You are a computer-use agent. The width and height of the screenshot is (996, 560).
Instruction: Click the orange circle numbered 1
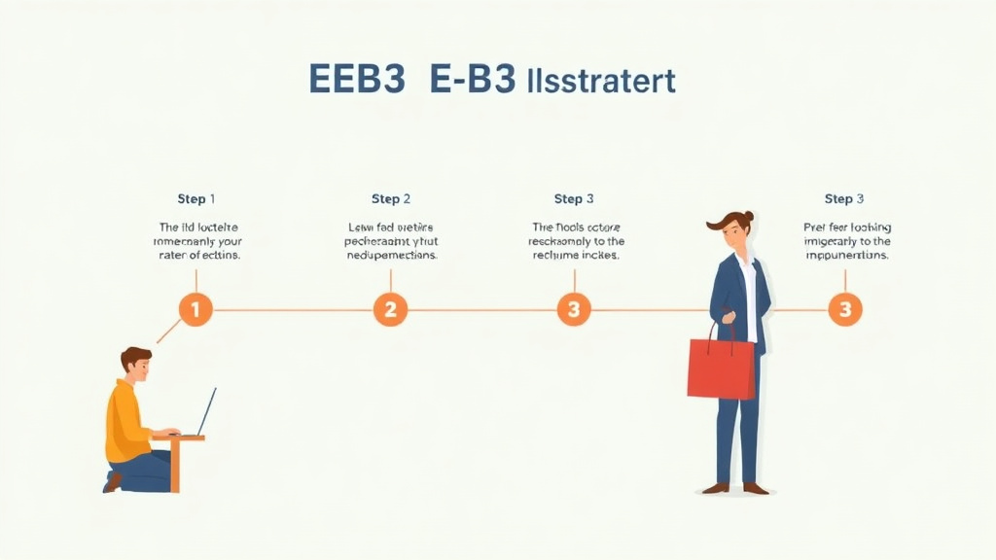[196, 310]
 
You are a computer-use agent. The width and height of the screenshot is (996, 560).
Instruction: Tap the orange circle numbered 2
[390, 310]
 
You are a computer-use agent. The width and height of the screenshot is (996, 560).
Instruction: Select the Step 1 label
[196, 199]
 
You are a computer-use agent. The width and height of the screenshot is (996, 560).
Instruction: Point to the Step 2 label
[391, 199]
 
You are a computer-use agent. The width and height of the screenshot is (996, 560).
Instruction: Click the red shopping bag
[721, 368]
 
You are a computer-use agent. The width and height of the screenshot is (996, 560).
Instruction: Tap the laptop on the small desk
[204, 413]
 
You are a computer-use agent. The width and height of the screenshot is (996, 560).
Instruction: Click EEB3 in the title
[356, 82]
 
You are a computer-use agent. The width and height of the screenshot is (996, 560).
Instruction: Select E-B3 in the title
[473, 82]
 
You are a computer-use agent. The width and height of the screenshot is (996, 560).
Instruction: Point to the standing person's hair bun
[748, 217]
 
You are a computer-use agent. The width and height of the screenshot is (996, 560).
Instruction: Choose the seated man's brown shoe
[113, 481]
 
